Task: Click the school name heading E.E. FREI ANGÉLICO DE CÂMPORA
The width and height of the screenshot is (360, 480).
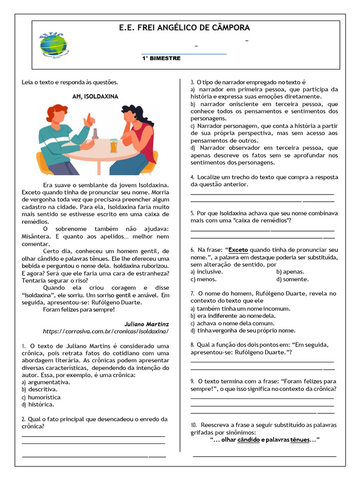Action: pyautogui.click(x=184, y=28)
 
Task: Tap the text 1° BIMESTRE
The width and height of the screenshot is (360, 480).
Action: pyautogui.click(x=161, y=59)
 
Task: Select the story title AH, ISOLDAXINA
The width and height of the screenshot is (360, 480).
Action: pyautogui.click(x=95, y=97)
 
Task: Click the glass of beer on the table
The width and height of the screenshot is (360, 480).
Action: pyautogui.click(x=113, y=146)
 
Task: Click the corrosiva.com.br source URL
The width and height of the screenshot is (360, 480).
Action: pyautogui.click(x=105, y=331)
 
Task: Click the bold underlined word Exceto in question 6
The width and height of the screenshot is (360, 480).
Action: pyautogui.click(x=238, y=250)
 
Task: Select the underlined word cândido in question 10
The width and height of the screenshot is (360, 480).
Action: pyautogui.click(x=248, y=440)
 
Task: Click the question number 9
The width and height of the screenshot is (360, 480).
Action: pyautogui.click(x=193, y=382)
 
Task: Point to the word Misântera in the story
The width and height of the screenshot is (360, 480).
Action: pyautogui.click(x=36, y=237)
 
